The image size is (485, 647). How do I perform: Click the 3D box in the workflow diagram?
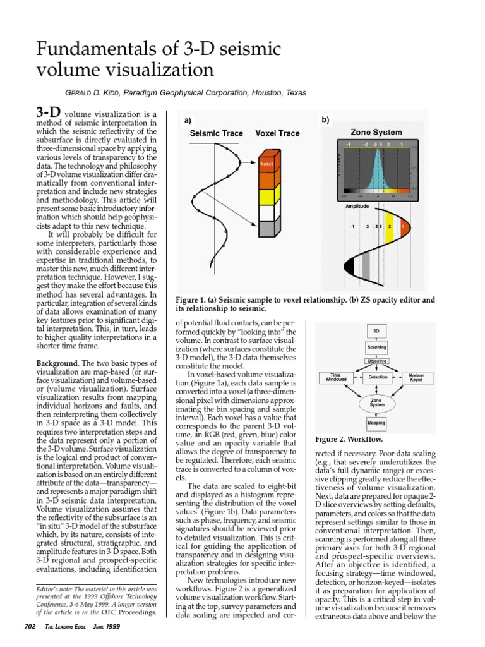point(376,330)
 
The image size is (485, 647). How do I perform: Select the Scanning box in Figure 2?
point(376,347)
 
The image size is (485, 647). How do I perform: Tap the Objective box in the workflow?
point(376,361)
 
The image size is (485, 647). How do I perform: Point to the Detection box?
point(376,377)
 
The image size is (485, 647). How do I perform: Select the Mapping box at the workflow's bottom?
point(376,423)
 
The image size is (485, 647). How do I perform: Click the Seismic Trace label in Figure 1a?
point(216,133)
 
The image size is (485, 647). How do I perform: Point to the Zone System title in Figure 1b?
point(376,132)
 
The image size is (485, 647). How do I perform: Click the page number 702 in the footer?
point(30,626)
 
